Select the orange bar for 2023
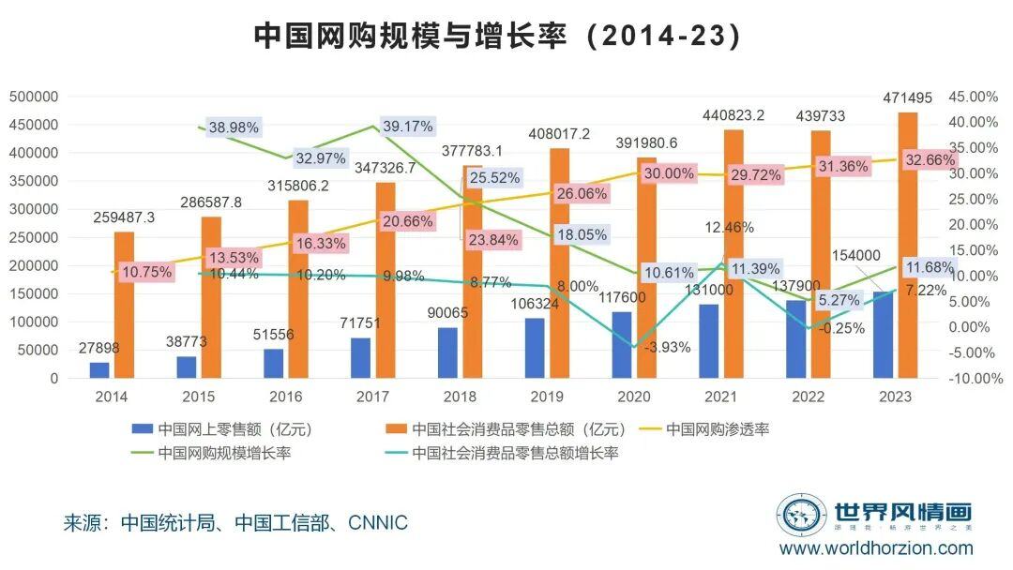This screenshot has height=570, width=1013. point(908,246)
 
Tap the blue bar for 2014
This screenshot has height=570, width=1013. point(99,370)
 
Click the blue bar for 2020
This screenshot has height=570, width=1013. point(622,345)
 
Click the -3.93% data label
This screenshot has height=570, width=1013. point(665,347)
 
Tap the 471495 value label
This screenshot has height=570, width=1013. point(909,98)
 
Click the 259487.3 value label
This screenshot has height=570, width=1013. point(124,217)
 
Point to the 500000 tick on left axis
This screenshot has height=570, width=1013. point(34,97)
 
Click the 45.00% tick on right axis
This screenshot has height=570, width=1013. point(974,97)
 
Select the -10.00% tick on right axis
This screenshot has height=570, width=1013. point(973,379)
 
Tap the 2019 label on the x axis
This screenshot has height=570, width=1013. point(546,397)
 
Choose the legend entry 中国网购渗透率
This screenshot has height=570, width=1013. point(717,429)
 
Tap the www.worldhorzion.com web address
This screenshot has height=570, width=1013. point(876,547)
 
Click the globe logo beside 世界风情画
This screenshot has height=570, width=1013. point(800,515)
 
